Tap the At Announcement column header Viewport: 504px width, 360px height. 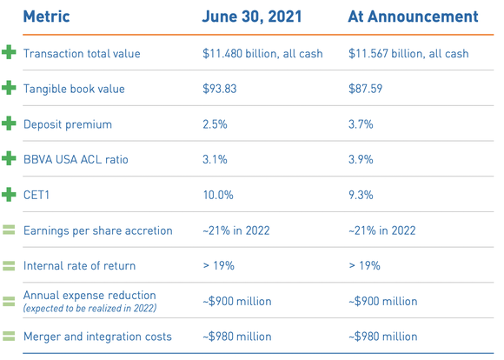pyautogui.click(x=413, y=17)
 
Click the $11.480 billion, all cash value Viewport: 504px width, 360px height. pyautogui.click(x=262, y=54)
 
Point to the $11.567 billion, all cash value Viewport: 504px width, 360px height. pyautogui.click(x=408, y=54)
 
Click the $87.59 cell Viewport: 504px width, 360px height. pyautogui.click(x=365, y=89)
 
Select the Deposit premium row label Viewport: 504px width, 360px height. pyautogui.click(x=68, y=124)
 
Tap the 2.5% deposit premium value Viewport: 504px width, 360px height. pyautogui.click(x=215, y=124)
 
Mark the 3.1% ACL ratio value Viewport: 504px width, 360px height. pyautogui.click(x=214, y=159)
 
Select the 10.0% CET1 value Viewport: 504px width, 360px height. pyautogui.click(x=217, y=195)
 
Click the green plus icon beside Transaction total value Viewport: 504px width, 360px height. pyautogui.click(x=10, y=53)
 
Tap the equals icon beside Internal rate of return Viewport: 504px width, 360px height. pyautogui.click(x=10, y=266)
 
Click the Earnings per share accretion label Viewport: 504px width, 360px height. pyautogui.click(x=98, y=230)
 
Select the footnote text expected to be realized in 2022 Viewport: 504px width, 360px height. pyautogui.click(x=89, y=309)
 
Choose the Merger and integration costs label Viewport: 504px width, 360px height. pyautogui.click(x=97, y=337)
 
